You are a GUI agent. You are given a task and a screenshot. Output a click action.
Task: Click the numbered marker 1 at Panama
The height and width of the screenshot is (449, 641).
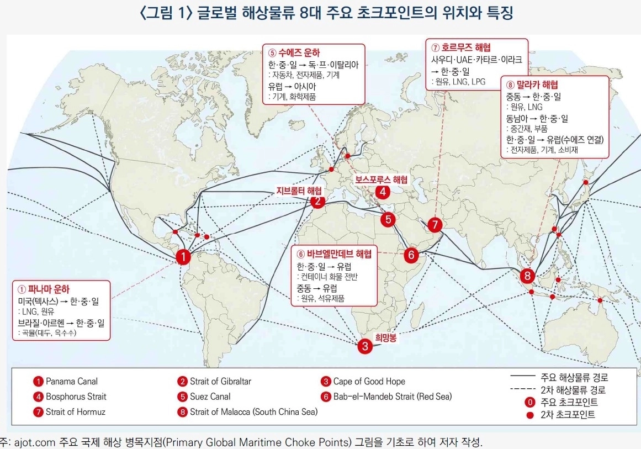[183, 257]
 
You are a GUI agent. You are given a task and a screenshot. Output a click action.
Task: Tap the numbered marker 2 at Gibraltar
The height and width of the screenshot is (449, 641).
[317, 202]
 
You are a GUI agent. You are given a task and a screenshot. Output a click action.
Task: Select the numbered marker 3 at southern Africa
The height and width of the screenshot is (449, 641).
[364, 347]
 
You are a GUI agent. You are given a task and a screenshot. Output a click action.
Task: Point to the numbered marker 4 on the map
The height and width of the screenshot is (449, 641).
[382, 192]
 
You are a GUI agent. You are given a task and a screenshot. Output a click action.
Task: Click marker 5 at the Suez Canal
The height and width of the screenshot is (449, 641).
[388, 219]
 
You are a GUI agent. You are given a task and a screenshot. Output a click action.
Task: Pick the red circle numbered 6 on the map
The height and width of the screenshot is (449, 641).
[411, 255]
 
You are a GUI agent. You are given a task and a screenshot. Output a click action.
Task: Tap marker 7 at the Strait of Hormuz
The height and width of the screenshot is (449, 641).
[435, 225]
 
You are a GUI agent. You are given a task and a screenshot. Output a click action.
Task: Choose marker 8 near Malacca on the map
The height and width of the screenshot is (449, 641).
[528, 276]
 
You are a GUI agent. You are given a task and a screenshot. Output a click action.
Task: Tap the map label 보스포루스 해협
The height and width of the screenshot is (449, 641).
[381, 179]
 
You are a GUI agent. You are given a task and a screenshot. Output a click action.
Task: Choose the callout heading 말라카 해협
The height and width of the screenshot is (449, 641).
[536, 84]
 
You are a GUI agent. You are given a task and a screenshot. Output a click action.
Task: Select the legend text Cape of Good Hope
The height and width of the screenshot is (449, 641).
[369, 381]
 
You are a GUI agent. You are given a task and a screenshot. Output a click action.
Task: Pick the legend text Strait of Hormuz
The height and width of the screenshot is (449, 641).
[76, 411]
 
